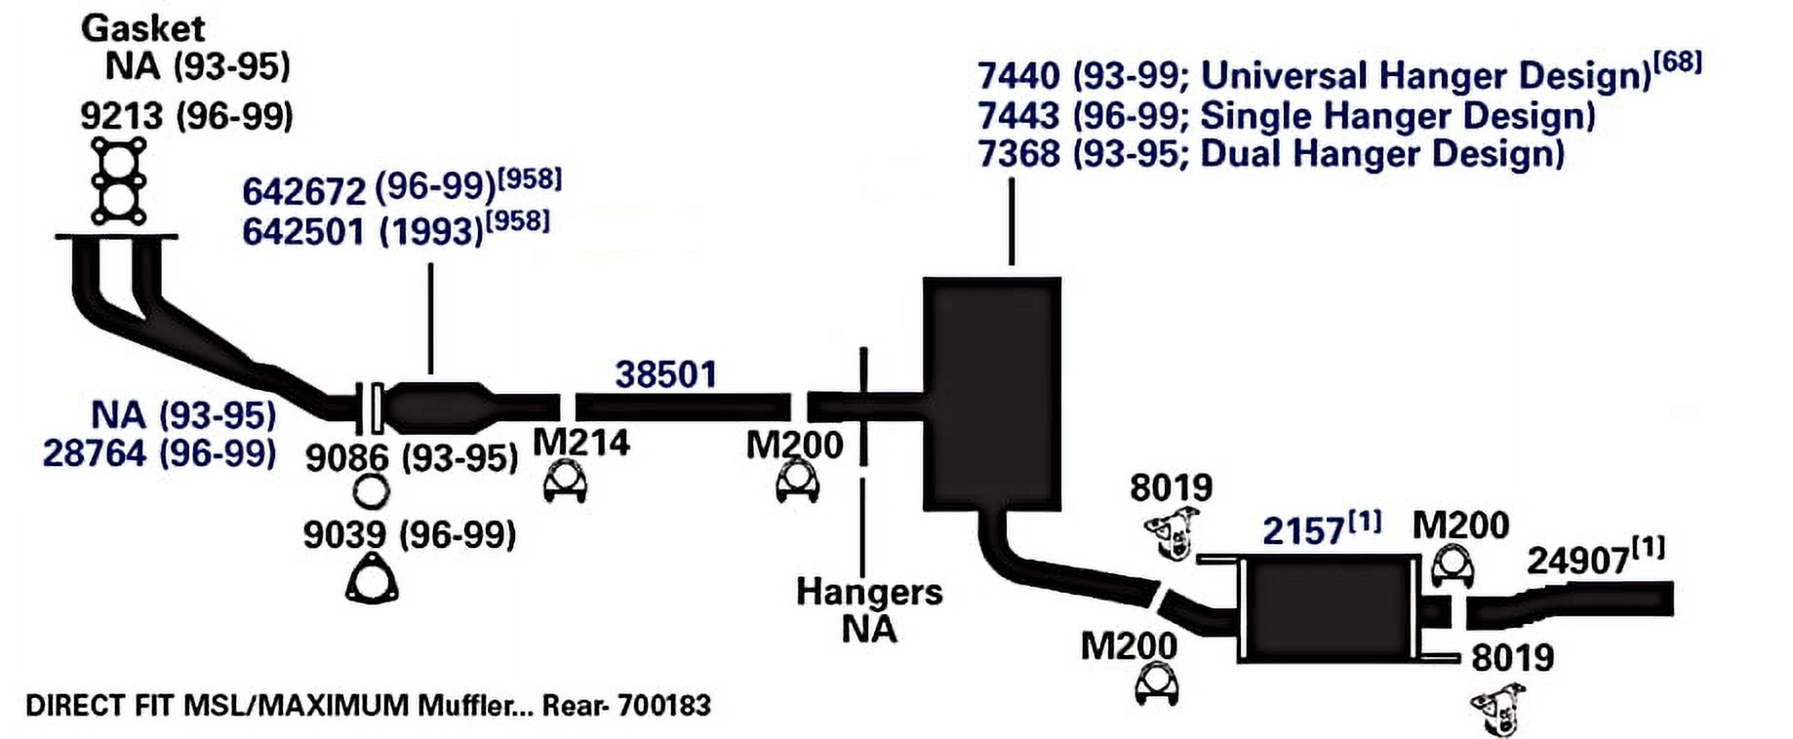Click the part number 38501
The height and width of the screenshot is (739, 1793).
(x=665, y=374)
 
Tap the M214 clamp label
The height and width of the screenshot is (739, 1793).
(x=581, y=443)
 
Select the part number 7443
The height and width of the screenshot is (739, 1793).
(x=1018, y=116)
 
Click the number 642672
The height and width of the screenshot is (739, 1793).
(x=303, y=191)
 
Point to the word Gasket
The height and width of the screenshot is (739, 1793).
(x=142, y=28)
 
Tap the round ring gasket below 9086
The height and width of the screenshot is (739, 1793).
(x=371, y=492)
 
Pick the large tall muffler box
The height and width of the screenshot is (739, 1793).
(x=992, y=394)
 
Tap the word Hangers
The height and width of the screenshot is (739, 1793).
(x=869, y=592)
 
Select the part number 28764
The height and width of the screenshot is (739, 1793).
(x=95, y=453)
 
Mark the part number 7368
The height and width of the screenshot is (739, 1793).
(x=1018, y=154)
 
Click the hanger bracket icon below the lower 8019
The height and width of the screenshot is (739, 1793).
(x=1498, y=709)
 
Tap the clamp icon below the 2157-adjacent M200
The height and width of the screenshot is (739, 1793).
(x=1453, y=566)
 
